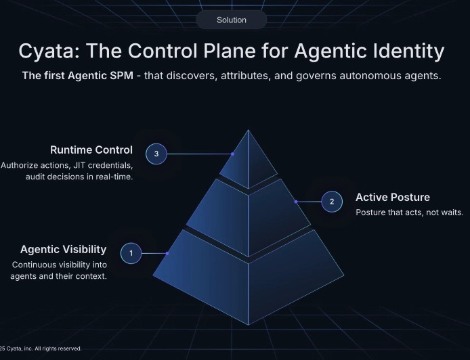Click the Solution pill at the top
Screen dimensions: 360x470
(232, 20)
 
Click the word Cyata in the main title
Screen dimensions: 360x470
(49, 51)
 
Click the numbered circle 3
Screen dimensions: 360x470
(156, 154)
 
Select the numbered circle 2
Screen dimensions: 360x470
(331, 202)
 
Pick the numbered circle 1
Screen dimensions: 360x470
(131, 254)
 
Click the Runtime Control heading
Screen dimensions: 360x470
(91, 150)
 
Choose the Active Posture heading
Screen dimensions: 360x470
(393, 198)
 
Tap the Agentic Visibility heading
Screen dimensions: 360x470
(64, 250)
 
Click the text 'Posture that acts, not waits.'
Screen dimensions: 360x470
(409, 212)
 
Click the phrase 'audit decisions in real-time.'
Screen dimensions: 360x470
(79, 177)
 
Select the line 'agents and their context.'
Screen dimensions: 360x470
(59, 277)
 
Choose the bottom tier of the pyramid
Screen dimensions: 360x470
(248, 277)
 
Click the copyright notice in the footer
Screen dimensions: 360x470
(41, 348)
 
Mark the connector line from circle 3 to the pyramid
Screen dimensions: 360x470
(199, 154)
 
